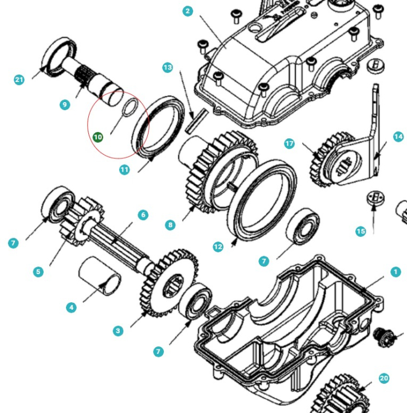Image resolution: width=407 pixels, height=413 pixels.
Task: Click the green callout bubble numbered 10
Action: click(x=97, y=137)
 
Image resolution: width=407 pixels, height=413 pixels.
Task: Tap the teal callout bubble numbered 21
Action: click(x=19, y=80)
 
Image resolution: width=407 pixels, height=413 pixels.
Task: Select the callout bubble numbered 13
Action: click(x=167, y=68)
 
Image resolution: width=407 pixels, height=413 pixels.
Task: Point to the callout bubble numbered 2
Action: click(x=188, y=11)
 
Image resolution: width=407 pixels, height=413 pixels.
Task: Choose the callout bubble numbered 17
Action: click(x=289, y=143)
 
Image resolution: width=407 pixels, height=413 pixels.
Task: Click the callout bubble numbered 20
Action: click(x=383, y=378)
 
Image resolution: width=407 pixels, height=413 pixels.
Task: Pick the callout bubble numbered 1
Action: click(x=396, y=271)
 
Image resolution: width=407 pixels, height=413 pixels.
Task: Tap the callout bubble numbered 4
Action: click(x=71, y=307)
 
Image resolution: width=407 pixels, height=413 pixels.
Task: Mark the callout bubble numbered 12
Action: click(x=218, y=247)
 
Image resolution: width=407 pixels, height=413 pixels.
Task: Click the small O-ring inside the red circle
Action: click(x=130, y=107)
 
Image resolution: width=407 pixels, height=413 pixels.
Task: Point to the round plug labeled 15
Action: click(x=375, y=198)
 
